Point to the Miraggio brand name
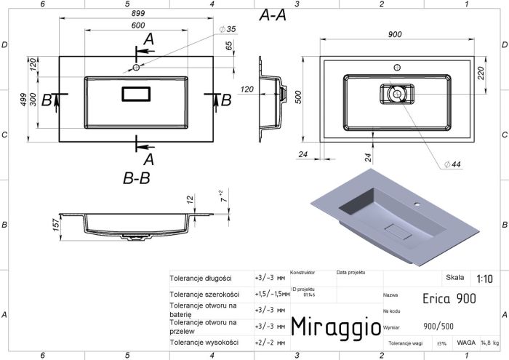point(334,327)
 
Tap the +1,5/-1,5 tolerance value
point(272,294)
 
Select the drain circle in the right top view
point(396,94)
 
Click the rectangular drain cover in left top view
point(137,93)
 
